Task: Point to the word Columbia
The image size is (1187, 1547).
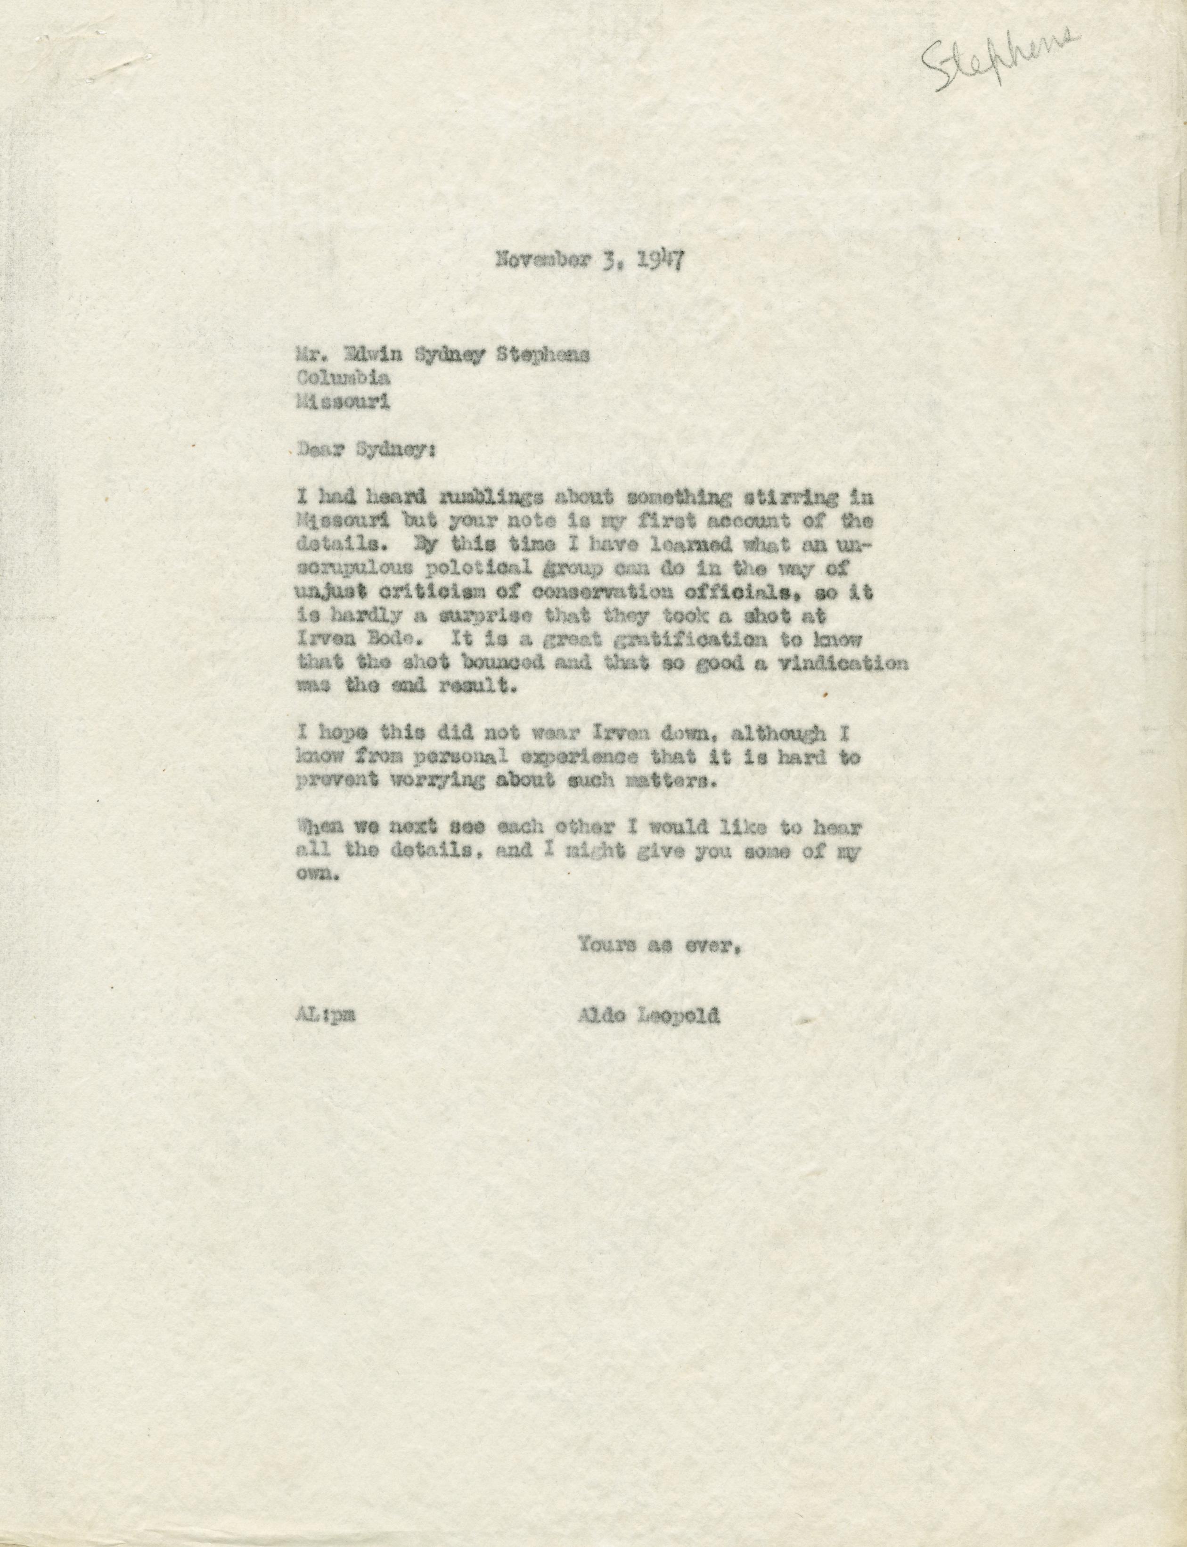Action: [x=343, y=378]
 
